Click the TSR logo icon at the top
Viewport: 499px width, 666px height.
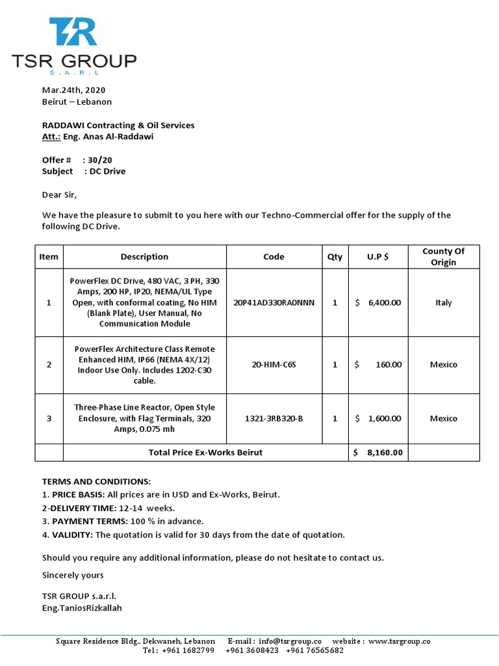click(x=73, y=33)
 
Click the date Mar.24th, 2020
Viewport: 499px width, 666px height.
click(x=73, y=90)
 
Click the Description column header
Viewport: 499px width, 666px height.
click(x=144, y=257)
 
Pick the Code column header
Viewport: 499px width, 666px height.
click(x=274, y=257)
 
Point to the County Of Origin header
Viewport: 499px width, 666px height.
click(x=443, y=257)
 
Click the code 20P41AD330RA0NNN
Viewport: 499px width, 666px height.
click(x=274, y=302)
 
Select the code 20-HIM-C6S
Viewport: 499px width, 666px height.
click(x=274, y=365)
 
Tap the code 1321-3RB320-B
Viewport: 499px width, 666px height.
click(x=274, y=419)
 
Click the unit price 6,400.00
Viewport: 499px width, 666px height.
click(x=384, y=302)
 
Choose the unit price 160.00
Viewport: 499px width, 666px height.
click(x=389, y=365)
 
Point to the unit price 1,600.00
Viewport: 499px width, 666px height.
click(x=384, y=419)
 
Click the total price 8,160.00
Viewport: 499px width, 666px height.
click(x=385, y=453)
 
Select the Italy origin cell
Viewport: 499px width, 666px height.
click(x=443, y=302)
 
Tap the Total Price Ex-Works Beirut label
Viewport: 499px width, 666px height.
click(x=205, y=453)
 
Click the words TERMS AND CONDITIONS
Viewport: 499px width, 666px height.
click(x=96, y=482)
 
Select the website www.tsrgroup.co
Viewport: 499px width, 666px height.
click(x=399, y=641)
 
